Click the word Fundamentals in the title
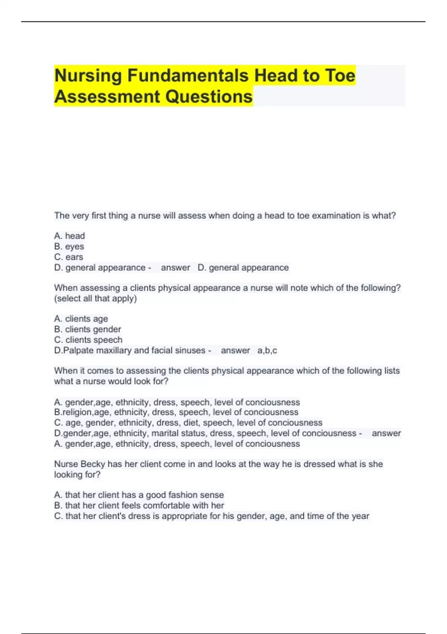point(188,76)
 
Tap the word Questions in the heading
point(209,97)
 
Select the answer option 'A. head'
point(69,236)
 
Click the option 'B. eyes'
point(69,247)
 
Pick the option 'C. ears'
point(69,257)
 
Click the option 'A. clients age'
point(81,319)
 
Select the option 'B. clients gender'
point(88,329)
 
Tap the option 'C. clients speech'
point(88,340)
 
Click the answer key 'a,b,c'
point(267,351)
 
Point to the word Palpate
point(78,351)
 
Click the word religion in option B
point(77,412)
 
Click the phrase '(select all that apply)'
point(95,298)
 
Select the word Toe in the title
point(340,76)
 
